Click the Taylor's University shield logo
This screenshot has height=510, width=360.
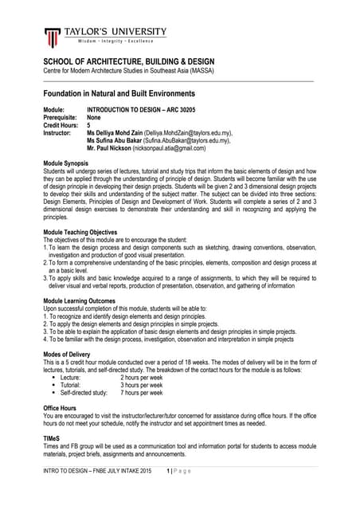[52, 37]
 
